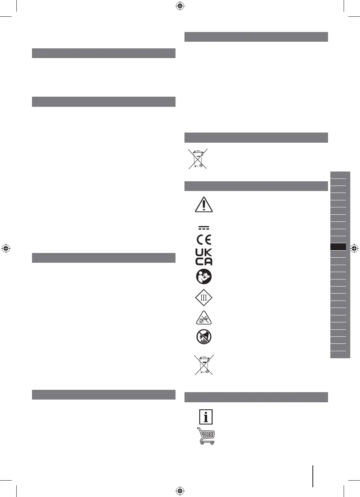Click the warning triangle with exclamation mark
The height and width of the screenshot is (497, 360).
coord(204,205)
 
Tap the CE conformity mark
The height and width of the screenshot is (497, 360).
coord(204,239)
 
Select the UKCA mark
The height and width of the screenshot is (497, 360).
coord(204,258)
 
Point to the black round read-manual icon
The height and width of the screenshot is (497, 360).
coord(204,277)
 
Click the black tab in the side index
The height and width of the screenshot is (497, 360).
coord(338,247)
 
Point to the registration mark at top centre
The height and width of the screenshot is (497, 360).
coord(180,6)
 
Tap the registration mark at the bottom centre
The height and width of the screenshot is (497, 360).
coord(180,491)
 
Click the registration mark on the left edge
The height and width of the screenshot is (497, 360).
coord(6,248)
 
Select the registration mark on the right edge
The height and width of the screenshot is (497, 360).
coord(354,248)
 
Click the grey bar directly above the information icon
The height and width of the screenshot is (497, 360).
coord(255,397)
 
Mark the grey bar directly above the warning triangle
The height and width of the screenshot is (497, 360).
coord(255,186)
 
